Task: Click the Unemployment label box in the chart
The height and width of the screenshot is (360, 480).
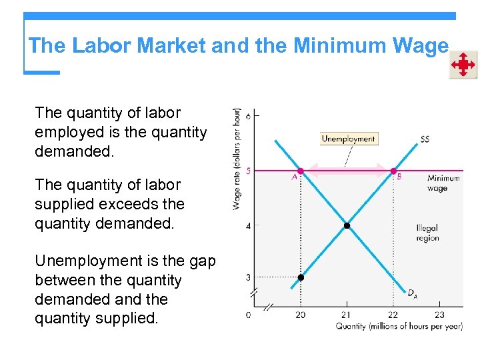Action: [x=349, y=139]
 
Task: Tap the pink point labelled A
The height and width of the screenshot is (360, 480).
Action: [x=301, y=171]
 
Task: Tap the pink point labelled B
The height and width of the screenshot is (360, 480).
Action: [x=393, y=171]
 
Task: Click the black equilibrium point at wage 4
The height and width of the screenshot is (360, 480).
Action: [x=347, y=226]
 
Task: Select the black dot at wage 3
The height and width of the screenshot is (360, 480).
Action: [x=301, y=277]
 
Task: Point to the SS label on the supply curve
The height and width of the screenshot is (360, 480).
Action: [x=425, y=139]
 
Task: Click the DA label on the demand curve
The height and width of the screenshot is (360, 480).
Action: [x=413, y=293]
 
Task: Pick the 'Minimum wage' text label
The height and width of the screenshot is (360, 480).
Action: [x=443, y=183]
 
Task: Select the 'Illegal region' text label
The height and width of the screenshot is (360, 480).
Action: [x=427, y=233]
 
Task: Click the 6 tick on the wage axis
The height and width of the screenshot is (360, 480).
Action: [x=248, y=116]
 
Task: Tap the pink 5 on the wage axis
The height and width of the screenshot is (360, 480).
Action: [x=248, y=171]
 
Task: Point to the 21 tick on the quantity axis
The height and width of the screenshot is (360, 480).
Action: [x=346, y=315]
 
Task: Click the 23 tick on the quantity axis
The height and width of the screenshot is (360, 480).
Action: [x=439, y=315]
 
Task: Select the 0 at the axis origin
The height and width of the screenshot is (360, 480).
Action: [x=248, y=315]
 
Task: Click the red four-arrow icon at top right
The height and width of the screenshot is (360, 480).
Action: [x=463, y=65]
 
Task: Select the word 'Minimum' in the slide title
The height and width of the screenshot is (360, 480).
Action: [x=339, y=46]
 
